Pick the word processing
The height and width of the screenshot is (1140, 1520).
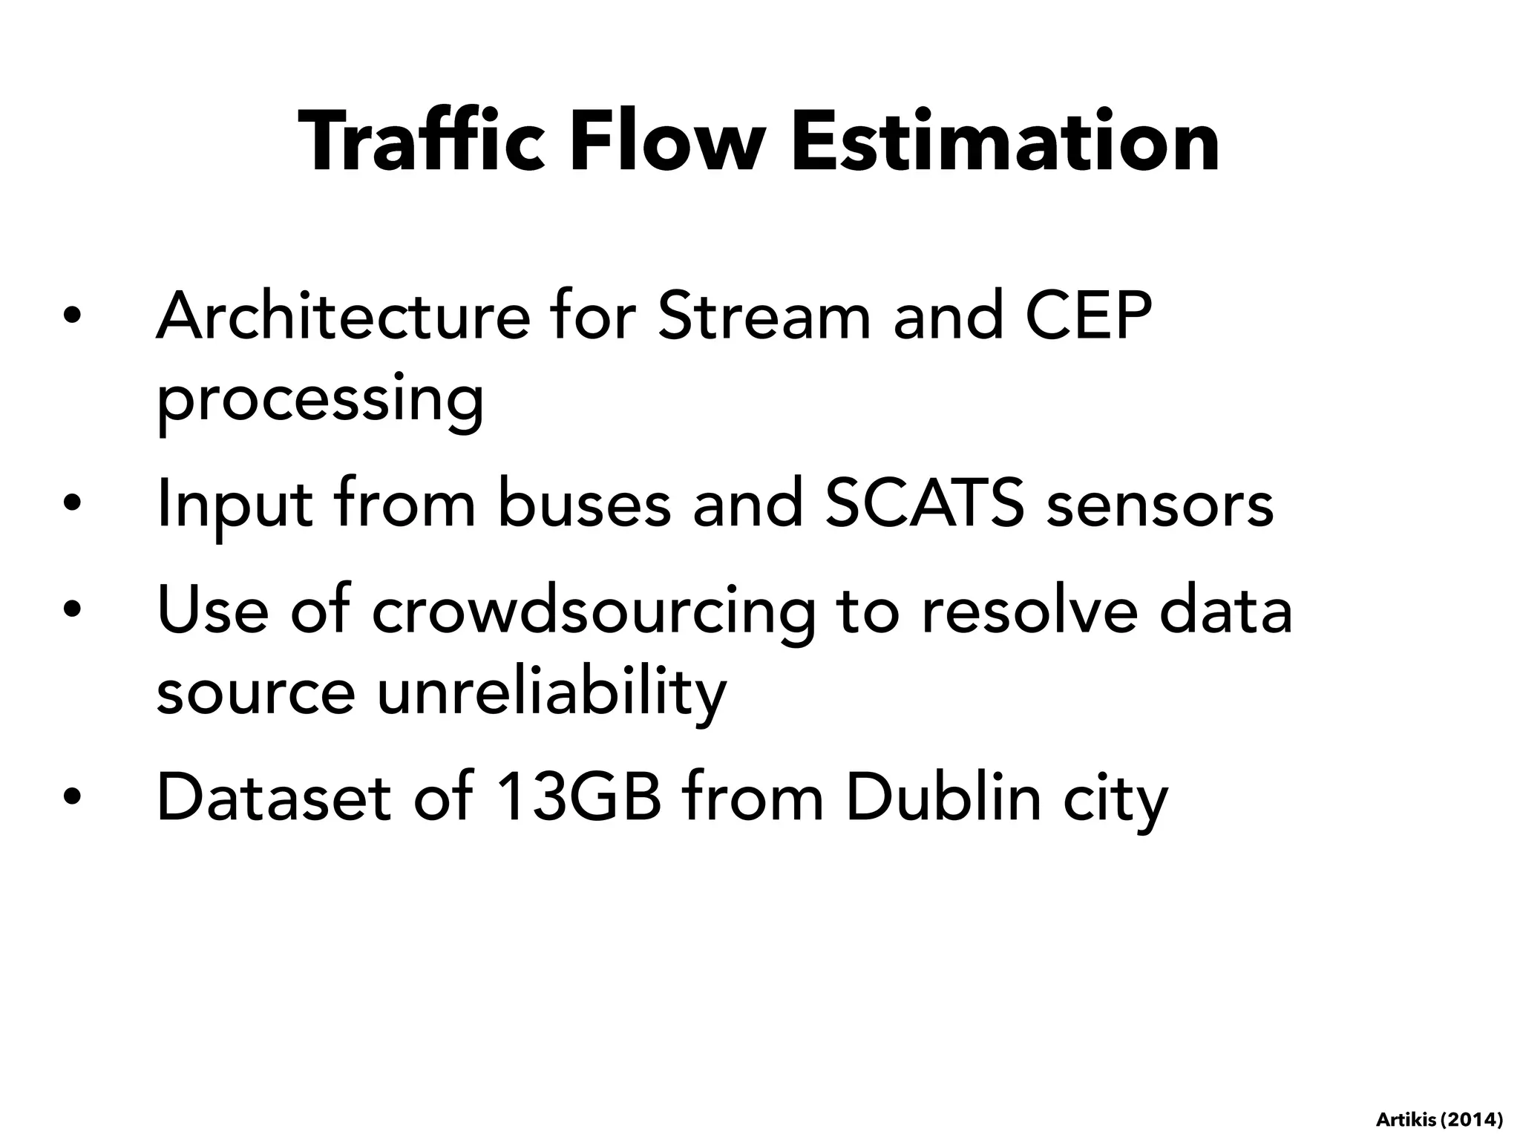(320, 401)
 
